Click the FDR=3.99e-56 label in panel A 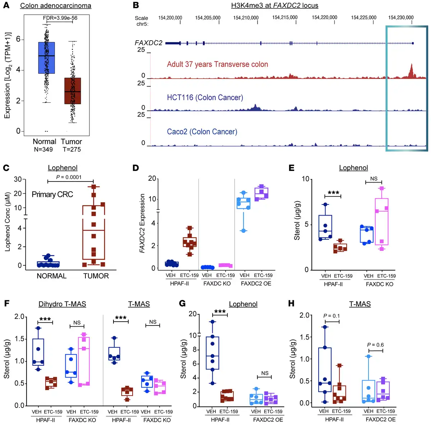coord(60,18)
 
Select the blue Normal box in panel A coord(46,57)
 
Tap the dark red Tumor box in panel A coord(73,91)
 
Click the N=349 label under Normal coord(43,149)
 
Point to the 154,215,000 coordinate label coord(285,17)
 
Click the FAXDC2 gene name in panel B coord(148,43)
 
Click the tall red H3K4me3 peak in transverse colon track coord(411,71)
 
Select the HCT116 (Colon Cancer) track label coord(205,97)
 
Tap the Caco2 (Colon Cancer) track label coord(202,132)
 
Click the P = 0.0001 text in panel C coord(69,177)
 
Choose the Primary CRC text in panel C coord(52,194)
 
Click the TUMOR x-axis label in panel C coord(96,276)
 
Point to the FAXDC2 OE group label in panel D coord(256,283)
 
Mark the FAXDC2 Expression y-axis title coord(142,223)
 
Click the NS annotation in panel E coord(374,179)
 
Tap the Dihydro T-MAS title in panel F coord(62,304)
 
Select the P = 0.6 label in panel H coord(375,345)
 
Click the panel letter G coord(182,304)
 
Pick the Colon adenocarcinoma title coord(56,6)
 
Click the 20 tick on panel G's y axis coord(193,314)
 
